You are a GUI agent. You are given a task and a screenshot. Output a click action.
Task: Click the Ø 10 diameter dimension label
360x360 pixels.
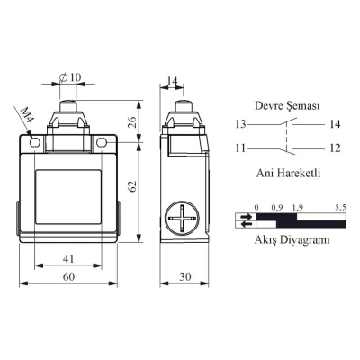pyautogui.click(x=70, y=77)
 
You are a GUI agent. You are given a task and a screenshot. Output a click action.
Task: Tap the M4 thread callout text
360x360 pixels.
pyautogui.click(x=28, y=115)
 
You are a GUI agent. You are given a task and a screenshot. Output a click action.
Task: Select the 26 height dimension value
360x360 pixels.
pyautogui.click(x=132, y=121)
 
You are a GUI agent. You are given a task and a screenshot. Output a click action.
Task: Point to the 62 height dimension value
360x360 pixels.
pyautogui.click(x=132, y=186)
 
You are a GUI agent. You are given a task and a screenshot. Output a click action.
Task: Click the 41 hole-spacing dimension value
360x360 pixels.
pyautogui.click(x=68, y=258)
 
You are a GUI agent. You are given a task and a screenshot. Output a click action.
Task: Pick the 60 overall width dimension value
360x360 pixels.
pyautogui.click(x=68, y=276)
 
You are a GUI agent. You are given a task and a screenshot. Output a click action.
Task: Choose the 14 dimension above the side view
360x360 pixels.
pyautogui.click(x=172, y=81)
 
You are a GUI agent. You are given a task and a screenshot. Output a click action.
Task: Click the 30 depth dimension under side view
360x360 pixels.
pyautogui.click(x=185, y=276)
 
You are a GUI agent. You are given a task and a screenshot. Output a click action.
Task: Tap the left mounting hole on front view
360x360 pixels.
pyautogui.click(x=35, y=142)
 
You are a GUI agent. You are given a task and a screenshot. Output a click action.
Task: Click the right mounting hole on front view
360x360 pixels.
pyautogui.click(x=102, y=142)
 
